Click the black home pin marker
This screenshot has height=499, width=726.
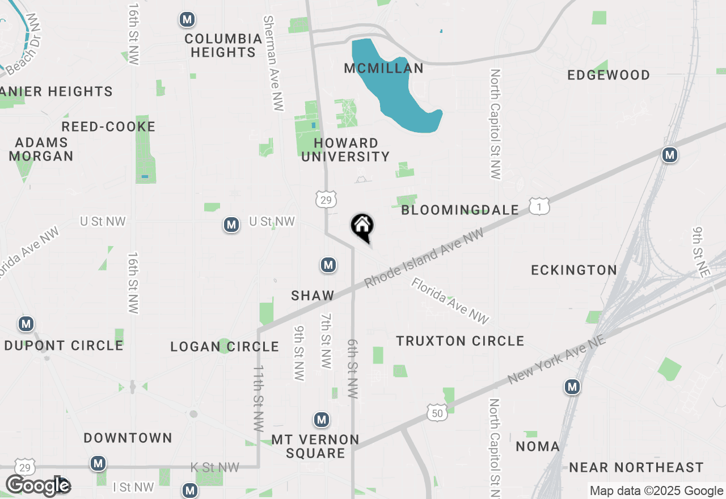coord(362,227)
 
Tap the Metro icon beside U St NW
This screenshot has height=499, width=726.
coord(231,225)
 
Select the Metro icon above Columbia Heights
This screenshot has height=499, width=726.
coord(187,20)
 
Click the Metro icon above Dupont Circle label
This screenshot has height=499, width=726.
coord(26,324)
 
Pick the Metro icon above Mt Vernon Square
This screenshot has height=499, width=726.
coord(322,420)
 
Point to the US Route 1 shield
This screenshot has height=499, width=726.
coord(539,206)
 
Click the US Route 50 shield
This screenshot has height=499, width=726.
coord(437,413)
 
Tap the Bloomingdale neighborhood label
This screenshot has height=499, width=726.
coord(460,210)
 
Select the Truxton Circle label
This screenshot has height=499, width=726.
coord(460,341)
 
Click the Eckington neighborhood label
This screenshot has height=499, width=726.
coord(574,270)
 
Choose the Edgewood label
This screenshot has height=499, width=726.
coord(609,75)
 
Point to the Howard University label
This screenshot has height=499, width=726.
coord(345,150)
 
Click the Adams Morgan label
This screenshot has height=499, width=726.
coord(41,149)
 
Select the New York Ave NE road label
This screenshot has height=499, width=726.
coord(558,359)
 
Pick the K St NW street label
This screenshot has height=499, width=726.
coord(215,467)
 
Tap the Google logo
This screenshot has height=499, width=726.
coord(38,485)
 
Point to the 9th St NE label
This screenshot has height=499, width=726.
coord(700,252)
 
